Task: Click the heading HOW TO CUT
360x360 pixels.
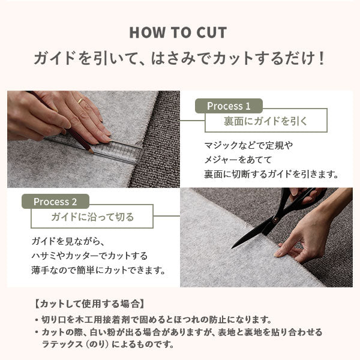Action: click(x=178, y=32)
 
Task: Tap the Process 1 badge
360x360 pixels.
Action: click(x=229, y=106)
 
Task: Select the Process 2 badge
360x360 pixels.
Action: click(x=55, y=202)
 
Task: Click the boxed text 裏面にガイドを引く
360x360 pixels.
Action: click(x=266, y=121)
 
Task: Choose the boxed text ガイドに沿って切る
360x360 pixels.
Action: click(x=92, y=217)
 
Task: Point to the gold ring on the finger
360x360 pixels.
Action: click(x=80, y=100)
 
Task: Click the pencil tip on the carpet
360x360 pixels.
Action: click(x=92, y=152)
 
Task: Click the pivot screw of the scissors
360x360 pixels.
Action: click(x=275, y=220)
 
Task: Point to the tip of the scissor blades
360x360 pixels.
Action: click(x=232, y=248)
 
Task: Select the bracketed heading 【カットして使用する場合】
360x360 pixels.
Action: click(x=90, y=304)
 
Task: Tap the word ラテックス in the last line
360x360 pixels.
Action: click(x=62, y=344)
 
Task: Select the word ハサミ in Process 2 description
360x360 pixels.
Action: click(x=43, y=256)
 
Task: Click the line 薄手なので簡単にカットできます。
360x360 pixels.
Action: click(x=98, y=270)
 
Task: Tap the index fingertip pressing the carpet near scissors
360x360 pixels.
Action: click(x=277, y=254)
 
